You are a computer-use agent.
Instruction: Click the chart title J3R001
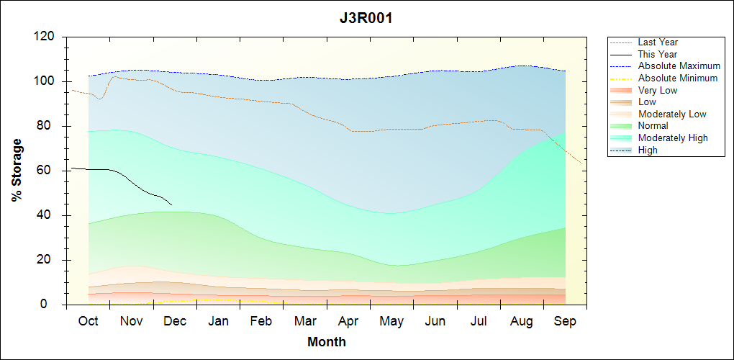point(366,19)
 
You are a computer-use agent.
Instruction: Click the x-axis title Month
point(327,342)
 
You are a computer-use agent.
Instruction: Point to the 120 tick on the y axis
point(45,37)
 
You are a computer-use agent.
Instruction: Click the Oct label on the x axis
point(89,321)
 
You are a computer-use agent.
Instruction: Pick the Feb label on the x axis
point(262,321)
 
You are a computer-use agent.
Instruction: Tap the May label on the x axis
point(391,321)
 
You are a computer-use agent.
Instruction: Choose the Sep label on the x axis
point(565,321)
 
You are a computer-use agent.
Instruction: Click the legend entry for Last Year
point(658,42)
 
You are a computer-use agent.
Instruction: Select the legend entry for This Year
point(658,54)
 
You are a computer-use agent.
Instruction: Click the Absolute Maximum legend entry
point(679,66)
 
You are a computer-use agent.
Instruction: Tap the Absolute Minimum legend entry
point(678,78)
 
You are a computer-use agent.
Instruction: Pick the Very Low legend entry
point(658,90)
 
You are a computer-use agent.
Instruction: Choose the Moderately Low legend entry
point(672,114)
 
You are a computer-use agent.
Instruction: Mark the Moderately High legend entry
point(673,138)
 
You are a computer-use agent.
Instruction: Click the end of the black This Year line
point(171,204)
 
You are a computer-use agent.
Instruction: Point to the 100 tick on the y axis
point(45,81)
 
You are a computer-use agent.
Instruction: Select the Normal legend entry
point(653,126)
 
